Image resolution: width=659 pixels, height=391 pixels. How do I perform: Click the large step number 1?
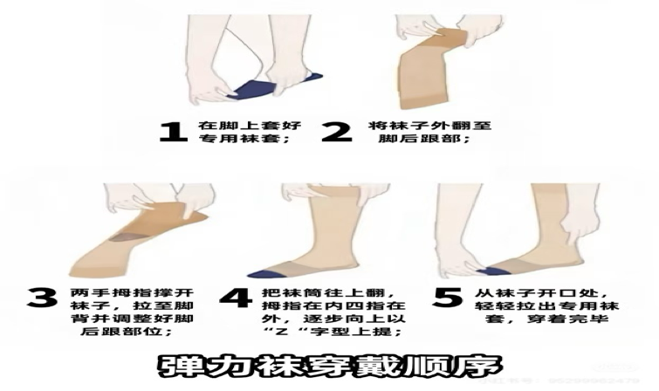coord(173,132)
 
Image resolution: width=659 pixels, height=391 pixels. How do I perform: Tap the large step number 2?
coord(335,132)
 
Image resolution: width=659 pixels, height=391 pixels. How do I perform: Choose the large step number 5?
coord(447,297)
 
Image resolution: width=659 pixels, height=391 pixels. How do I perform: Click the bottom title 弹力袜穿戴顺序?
coord(329,364)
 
